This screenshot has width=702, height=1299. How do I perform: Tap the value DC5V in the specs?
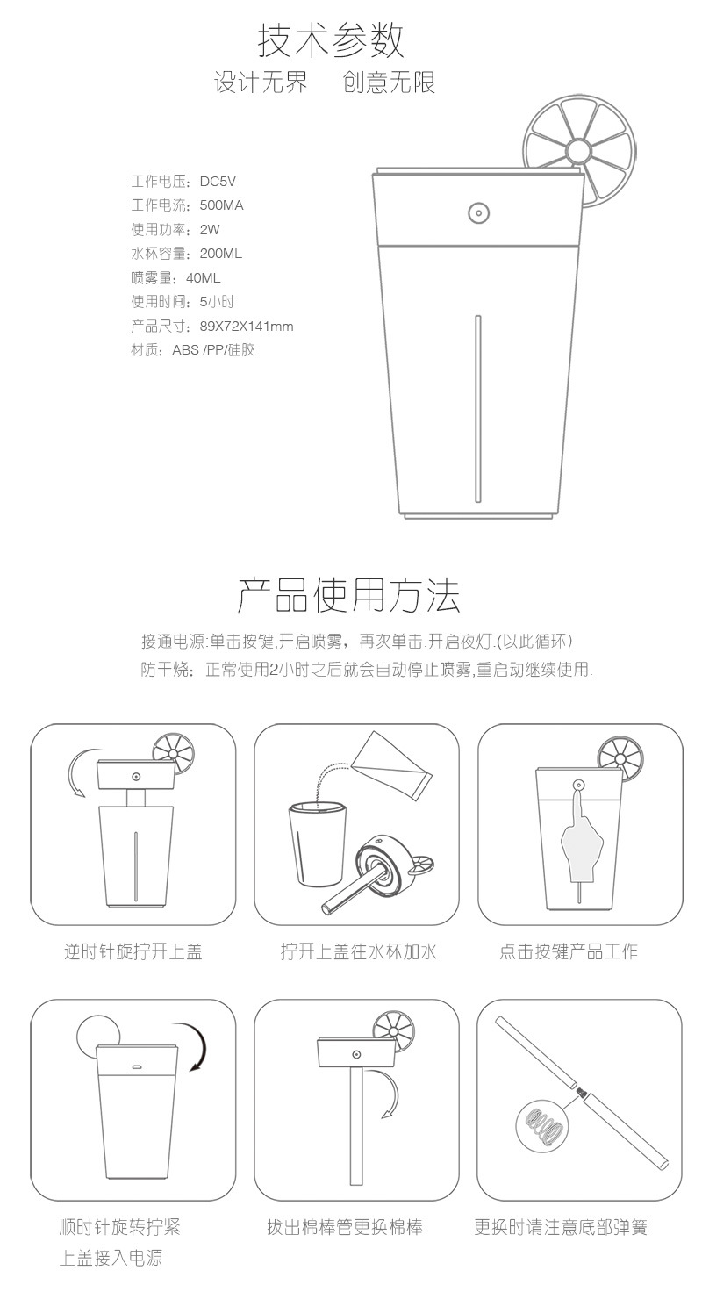pyautogui.click(x=218, y=182)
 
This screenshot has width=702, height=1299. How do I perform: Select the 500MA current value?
pyautogui.click(x=221, y=205)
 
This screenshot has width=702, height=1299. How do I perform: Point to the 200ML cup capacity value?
pyautogui.click(x=220, y=254)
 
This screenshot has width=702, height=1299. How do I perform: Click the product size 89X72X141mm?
pyautogui.click(x=247, y=327)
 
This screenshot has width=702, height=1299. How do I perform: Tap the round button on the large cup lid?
pyautogui.click(x=477, y=212)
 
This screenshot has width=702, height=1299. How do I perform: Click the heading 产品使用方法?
pyautogui.click(x=349, y=594)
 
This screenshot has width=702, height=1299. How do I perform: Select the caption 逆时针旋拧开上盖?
pyautogui.click(x=133, y=952)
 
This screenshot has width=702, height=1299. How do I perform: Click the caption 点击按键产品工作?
pyautogui.click(x=569, y=952)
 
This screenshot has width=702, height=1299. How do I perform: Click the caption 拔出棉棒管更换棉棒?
pyautogui.click(x=345, y=1227)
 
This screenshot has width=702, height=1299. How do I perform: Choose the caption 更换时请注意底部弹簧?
pyautogui.click(x=561, y=1227)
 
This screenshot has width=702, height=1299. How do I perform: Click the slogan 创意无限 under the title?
pyautogui.click(x=390, y=83)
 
